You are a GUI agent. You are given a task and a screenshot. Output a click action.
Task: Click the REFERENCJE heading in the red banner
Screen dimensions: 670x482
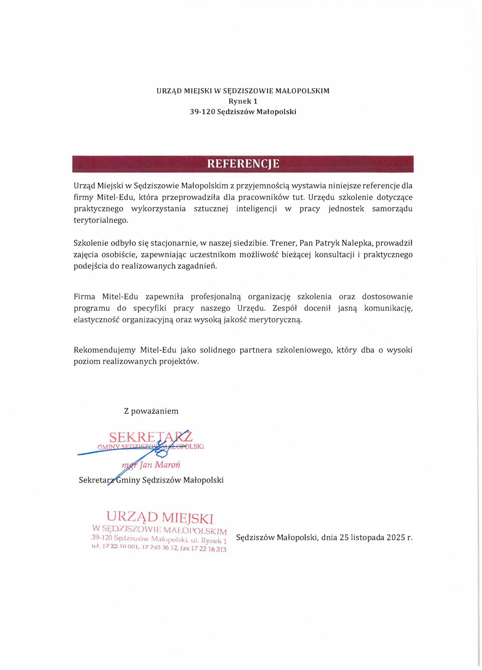(243, 164)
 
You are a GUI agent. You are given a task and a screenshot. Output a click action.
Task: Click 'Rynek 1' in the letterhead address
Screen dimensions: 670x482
(243, 101)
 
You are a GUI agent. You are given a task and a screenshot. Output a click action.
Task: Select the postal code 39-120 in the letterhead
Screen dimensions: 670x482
(202, 112)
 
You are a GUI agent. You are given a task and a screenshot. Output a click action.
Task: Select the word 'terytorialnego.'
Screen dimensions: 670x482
(101, 220)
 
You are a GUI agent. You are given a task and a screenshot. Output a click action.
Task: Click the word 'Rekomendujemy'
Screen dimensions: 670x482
(104, 350)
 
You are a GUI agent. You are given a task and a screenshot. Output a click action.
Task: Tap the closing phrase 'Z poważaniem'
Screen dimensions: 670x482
(151, 411)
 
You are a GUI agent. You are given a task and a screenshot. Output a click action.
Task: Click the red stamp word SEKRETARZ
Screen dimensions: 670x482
(151, 437)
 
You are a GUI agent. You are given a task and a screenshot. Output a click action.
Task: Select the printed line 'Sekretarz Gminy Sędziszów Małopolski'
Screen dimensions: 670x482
(151, 480)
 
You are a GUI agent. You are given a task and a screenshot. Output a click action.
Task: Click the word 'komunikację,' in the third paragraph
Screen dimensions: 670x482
(388, 308)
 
